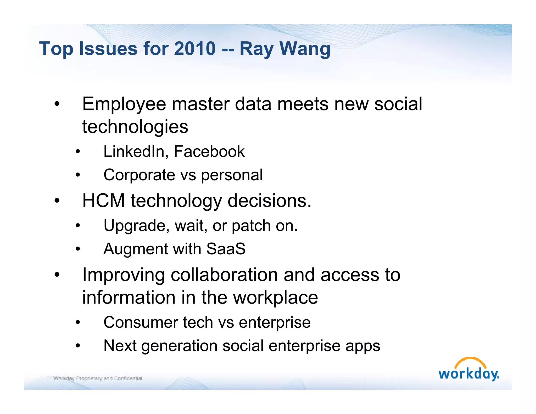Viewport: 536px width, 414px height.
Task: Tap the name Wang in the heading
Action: [305, 49]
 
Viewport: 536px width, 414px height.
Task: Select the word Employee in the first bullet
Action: [124, 104]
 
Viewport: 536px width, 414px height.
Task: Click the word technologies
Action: [135, 127]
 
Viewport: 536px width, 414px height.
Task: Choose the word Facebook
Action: [209, 152]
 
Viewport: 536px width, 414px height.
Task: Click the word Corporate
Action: [139, 175]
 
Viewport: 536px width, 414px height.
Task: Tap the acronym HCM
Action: [103, 201]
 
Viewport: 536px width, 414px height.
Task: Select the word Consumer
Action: [141, 322]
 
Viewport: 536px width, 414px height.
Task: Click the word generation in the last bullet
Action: [180, 346]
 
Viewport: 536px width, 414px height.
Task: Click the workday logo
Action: [469, 370]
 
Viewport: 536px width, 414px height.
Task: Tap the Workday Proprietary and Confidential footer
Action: [98, 378]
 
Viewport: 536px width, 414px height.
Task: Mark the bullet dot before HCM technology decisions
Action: [57, 201]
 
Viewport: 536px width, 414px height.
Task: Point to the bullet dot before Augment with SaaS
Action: [78, 249]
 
